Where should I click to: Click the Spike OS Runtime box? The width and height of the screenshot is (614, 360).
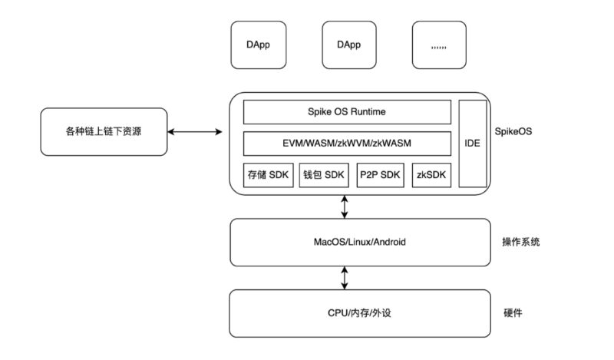click(x=347, y=112)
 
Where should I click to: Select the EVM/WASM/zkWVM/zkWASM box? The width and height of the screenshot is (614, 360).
click(x=347, y=144)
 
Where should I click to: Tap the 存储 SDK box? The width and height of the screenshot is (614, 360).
click(x=268, y=175)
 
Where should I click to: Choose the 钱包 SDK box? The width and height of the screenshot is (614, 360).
click(x=324, y=175)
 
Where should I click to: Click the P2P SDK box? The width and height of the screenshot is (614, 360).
click(x=380, y=175)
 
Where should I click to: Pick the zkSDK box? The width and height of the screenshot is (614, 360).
click(x=431, y=175)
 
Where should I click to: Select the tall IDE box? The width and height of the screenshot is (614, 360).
click(x=473, y=144)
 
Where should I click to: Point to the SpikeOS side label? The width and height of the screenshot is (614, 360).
click(x=513, y=131)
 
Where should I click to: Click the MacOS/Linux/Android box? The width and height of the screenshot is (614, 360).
click(x=360, y=243)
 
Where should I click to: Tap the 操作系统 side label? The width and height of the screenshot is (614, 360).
click(x=521, y=242)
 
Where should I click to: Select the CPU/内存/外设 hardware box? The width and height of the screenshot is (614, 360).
click(x=360, y=313)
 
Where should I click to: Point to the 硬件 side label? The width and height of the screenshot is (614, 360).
click(x=513, y=313)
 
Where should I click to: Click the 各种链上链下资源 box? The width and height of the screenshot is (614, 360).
click(x=104, y=131)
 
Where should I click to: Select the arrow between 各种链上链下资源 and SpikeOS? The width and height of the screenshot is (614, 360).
click(x=195, y=132)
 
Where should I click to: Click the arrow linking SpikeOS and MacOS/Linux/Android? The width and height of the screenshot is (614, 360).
click(x=345, y=206)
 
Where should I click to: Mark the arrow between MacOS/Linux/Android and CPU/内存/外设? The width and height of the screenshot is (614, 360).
click(x=345, y=278)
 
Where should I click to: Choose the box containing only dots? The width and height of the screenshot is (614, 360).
click(x=439, y=45)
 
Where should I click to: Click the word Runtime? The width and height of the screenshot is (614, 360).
click(x=368, y=112)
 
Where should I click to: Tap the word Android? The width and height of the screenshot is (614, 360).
click(x=390, y=242)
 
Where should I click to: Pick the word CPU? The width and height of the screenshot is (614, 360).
click(x=336, y=313)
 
